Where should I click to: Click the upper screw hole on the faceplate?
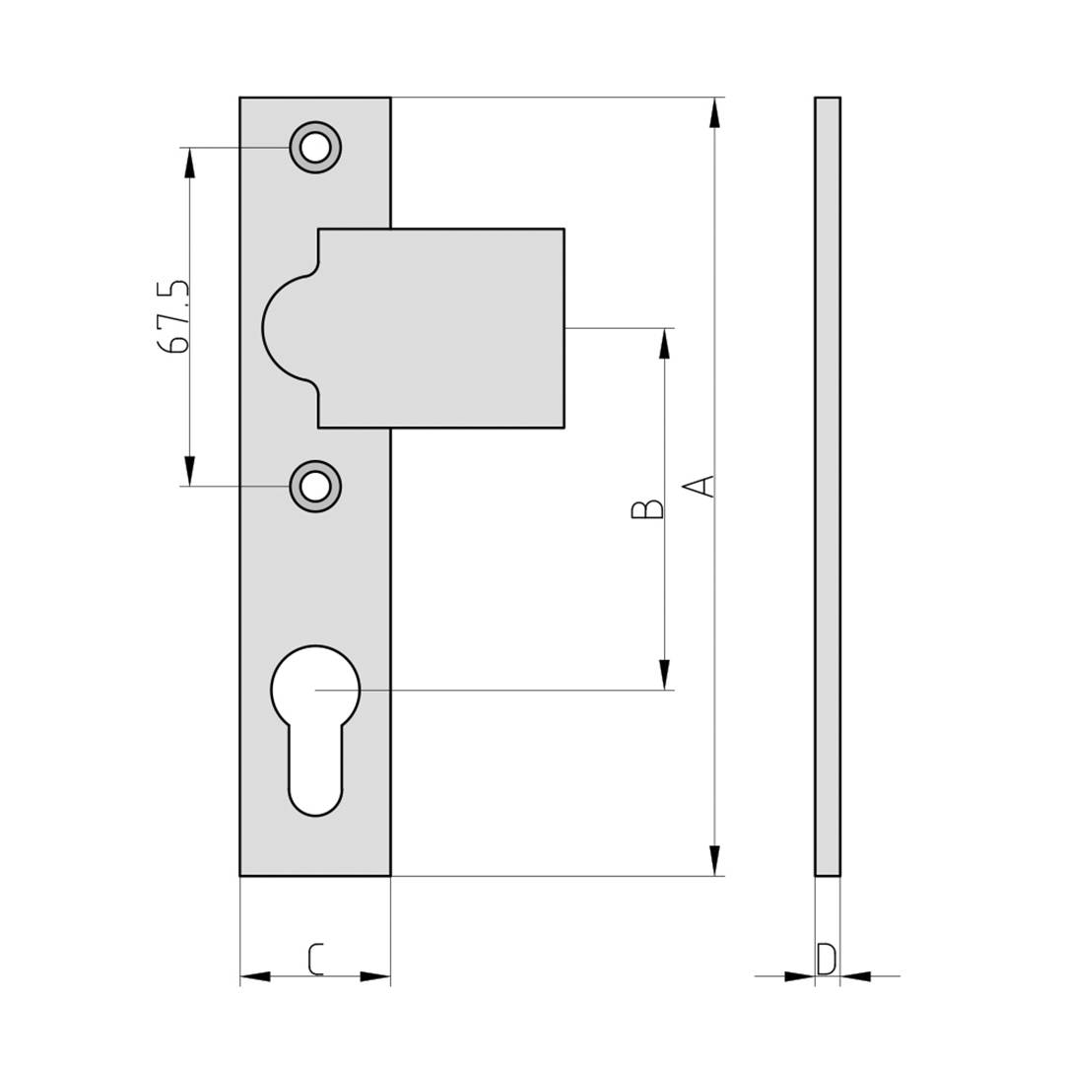pos(315,148)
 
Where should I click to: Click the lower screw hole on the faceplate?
pos(315,486)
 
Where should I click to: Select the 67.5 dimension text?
pos(173,316)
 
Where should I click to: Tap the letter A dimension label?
pos(700,486)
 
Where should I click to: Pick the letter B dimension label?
pos(647,508)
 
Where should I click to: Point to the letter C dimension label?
pos(315,959)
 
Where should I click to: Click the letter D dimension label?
pos(827,958)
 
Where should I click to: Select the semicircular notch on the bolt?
pos(288,328)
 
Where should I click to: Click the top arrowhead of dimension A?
pos(714,112)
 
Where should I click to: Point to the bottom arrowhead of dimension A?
pos(714,860)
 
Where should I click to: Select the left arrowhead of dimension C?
pos(255,976)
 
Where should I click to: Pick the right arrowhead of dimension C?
pos(375,976)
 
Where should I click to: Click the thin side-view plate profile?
pos(828,486)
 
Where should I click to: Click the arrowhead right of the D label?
pos(856,976)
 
